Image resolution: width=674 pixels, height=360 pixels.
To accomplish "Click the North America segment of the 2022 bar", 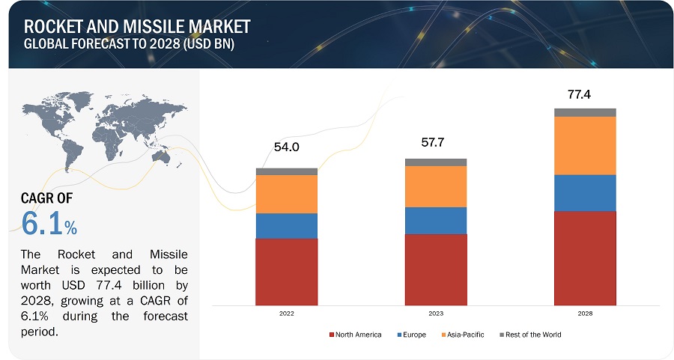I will [286, 272].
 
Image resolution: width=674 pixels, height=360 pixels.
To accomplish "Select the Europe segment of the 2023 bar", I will [435, 220].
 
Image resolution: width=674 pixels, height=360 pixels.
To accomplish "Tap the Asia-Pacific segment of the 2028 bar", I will [585, 145].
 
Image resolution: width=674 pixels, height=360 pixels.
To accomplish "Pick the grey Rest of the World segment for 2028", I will [585, 112].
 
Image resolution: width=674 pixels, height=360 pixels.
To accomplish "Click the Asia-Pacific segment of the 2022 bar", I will [286, 194].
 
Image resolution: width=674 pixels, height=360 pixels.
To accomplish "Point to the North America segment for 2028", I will [585, 258].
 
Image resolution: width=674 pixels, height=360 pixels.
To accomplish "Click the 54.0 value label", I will [286, 147].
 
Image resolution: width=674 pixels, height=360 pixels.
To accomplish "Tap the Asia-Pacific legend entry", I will [467, 335].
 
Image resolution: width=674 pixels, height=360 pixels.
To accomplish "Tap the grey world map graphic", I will [105, 127].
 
